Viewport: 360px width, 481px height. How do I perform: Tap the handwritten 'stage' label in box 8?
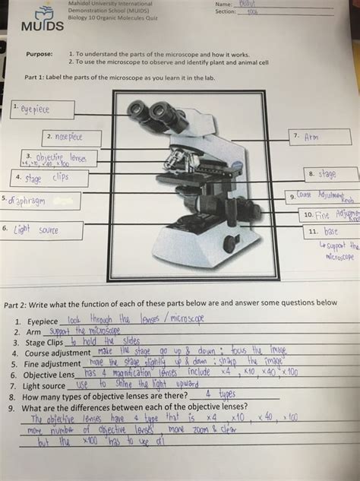tap(327, 174)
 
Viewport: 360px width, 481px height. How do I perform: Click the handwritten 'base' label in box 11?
tap(331, 231)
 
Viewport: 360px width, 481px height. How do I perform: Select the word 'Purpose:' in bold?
tap(38, 55)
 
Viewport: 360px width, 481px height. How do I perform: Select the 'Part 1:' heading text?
tap(35, 78)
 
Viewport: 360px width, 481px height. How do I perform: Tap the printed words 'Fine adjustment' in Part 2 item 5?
tap(51, 364)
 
